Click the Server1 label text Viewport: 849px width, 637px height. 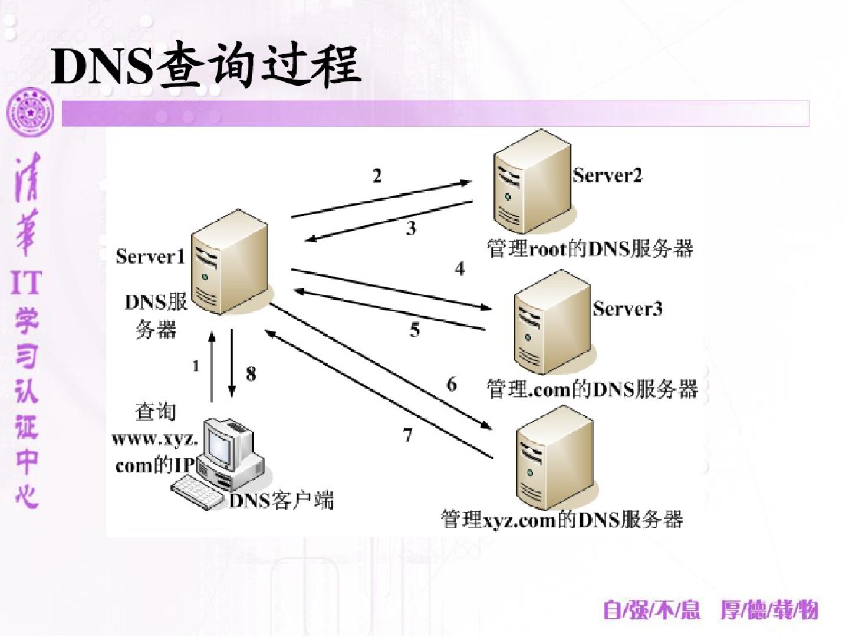[150, 257]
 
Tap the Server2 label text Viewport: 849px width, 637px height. [607, 175]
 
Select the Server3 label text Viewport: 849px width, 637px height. [627, 308]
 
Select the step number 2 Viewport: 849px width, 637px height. [377, 175]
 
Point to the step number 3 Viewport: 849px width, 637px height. [411, 228]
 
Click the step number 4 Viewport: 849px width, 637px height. [459, 269]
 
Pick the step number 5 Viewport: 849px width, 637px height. [415, 330]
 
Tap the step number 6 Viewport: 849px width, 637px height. [452, 385]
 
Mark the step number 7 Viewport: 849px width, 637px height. [407, 435]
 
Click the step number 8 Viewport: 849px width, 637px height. [251, 373]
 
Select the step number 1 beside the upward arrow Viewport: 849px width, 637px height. [196, 366]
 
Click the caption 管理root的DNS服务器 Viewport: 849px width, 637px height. [590, 249]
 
